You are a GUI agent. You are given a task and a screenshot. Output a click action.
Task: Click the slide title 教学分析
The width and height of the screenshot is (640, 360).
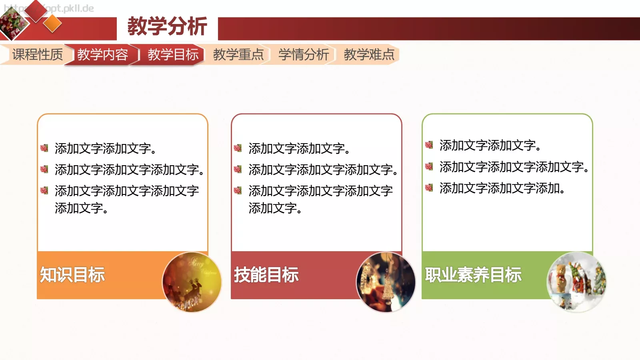167,27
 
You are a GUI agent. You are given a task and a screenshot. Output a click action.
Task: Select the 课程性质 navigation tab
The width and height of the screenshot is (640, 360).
37,54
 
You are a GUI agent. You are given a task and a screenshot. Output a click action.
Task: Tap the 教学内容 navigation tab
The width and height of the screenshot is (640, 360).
102,54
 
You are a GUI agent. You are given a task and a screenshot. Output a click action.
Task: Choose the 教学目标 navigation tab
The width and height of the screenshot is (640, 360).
173,54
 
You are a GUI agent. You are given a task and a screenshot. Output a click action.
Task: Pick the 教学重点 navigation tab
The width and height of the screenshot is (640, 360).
238,54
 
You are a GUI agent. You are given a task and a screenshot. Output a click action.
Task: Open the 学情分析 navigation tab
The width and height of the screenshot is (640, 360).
303,54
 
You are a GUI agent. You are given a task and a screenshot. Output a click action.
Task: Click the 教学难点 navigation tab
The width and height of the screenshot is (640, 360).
369,54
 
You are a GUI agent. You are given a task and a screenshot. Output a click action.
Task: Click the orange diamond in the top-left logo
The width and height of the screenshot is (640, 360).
52,24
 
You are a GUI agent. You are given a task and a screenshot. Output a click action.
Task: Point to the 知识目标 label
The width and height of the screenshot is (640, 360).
72,275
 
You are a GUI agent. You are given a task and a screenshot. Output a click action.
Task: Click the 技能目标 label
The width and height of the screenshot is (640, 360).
266,275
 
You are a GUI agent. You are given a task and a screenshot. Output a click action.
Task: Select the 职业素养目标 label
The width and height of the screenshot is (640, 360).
473,275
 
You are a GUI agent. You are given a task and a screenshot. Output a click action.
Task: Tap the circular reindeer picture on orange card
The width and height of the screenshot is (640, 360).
192,282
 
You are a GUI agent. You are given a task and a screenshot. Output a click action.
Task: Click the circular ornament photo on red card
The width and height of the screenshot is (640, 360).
386,282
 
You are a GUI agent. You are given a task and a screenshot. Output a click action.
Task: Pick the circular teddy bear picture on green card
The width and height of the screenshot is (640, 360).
576,282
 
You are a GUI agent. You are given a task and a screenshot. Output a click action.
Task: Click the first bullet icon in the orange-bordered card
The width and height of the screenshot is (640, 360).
44,148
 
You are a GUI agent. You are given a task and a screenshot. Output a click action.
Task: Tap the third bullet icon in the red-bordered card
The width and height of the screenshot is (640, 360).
238,190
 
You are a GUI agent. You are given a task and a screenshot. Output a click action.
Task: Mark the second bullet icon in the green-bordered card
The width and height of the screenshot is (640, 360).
429,166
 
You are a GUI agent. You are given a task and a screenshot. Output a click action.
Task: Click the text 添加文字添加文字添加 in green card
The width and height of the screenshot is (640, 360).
502,188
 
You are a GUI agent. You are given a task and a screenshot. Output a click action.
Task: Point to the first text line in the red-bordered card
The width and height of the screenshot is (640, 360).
299,148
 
